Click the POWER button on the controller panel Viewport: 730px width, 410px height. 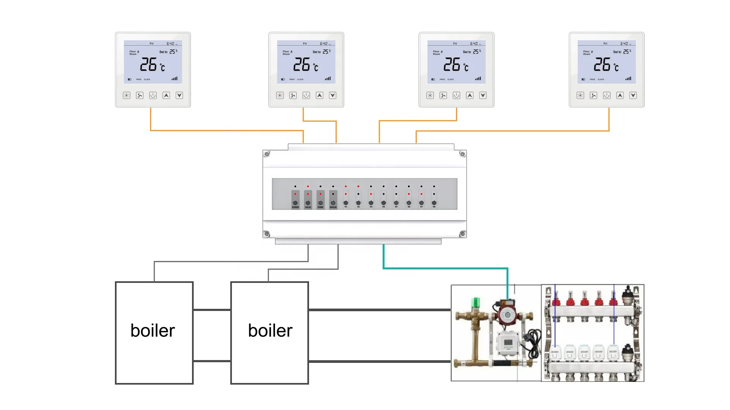coord(296,203)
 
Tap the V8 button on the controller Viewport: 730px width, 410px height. coord(434,203)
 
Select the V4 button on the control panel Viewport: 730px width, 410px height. coord(384,203)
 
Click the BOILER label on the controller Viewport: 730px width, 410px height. coord(334,207)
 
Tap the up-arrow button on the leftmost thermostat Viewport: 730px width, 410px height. coord(166,95)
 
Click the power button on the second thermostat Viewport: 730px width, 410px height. coord(306,95)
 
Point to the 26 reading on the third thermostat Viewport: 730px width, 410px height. coord(452,65)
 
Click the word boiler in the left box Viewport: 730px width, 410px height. coord(153,331)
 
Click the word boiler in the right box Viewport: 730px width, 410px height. coord(270,331)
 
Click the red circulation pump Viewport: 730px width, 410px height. coord(507,314)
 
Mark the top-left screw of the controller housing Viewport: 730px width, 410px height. coord(267,154)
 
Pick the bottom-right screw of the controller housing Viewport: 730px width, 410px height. coord(463,234)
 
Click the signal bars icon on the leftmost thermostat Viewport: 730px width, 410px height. coord(175,79)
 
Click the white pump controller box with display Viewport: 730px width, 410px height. coord(508,344)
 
